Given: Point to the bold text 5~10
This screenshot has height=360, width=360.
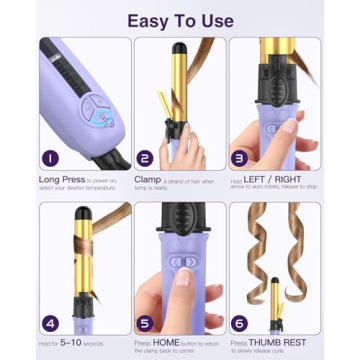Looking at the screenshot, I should [68, 342].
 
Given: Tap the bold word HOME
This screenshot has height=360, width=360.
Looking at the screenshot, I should [166, 342].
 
